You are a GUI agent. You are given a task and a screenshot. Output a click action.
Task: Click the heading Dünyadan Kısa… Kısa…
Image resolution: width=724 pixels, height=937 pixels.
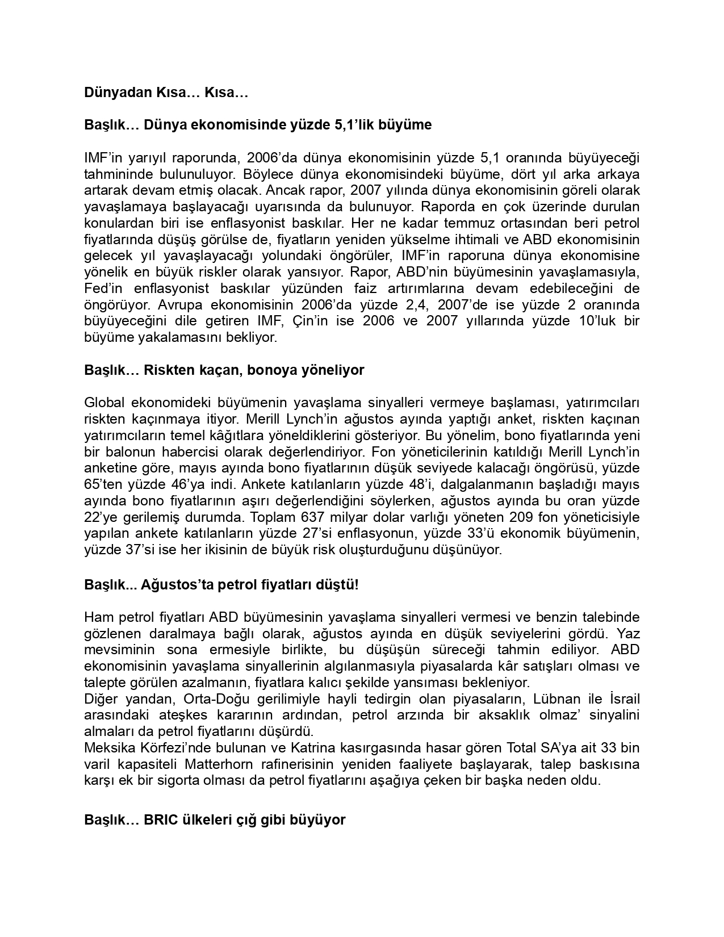tap(166, 92)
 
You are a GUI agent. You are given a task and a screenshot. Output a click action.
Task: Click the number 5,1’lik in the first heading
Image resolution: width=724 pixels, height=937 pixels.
tap(355, 124)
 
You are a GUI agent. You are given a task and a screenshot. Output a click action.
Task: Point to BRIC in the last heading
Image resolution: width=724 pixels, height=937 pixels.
tap(161, 820)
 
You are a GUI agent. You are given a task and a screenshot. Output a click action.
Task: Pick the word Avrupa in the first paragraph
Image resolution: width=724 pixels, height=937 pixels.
tap(178, 304)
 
